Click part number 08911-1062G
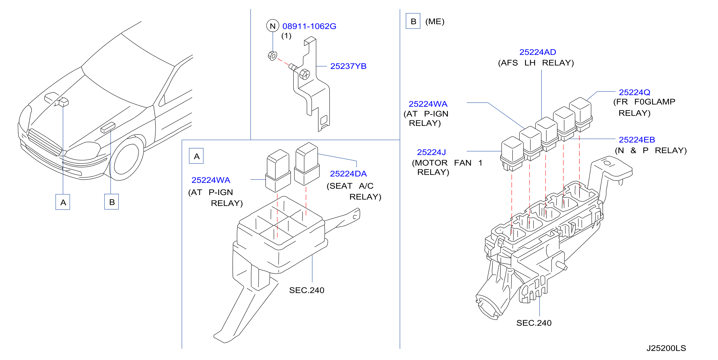309,26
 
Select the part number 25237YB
348,66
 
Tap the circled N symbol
273,26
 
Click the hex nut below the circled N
272,56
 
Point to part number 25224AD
537,52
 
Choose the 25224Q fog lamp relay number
634,92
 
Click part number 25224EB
637,140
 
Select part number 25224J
431,152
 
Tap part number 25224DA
348,174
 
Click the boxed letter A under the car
63,202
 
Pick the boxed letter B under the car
112,202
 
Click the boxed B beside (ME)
413,21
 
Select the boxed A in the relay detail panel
196,156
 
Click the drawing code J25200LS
666,348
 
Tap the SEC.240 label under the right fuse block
534,323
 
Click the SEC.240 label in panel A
307,290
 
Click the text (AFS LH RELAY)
536,63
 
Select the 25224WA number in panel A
211,180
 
